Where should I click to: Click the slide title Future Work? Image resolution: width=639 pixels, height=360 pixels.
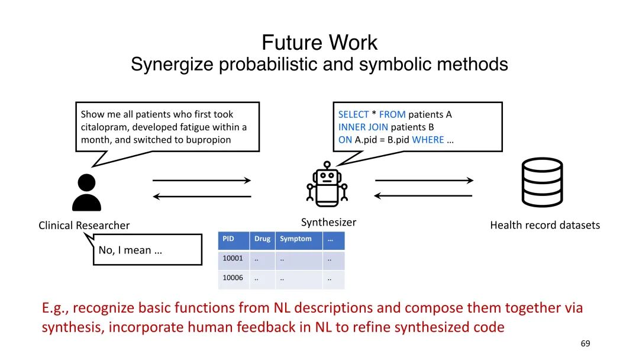(x=319, y=43)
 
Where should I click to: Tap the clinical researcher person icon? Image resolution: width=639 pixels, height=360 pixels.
(x=86, y=192)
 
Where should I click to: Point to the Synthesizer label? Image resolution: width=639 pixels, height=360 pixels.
(x=328, y=223)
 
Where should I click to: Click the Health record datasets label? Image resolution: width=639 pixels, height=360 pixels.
(x=545, y=225)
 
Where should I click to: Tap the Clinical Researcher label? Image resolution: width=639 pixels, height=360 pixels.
(x=84, y=225)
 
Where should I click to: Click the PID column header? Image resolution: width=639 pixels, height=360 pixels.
(x=228, y=239)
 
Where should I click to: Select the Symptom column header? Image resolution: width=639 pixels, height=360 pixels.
(x=295, y=239)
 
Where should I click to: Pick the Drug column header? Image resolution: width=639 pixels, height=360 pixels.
(x=262, y=239)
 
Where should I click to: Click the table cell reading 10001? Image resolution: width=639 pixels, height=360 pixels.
(x=233, y=259)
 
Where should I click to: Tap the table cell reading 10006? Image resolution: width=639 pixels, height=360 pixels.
(x=233, y=278)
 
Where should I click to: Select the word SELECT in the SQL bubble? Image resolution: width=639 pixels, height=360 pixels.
(x=353, y=114)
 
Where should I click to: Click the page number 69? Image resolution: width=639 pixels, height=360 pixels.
(x=586, y=343)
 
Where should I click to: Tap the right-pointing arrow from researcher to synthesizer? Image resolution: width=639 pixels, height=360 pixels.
(x=202, y=180)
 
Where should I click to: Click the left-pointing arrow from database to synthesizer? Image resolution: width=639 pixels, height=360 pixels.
(x=424, y=195)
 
